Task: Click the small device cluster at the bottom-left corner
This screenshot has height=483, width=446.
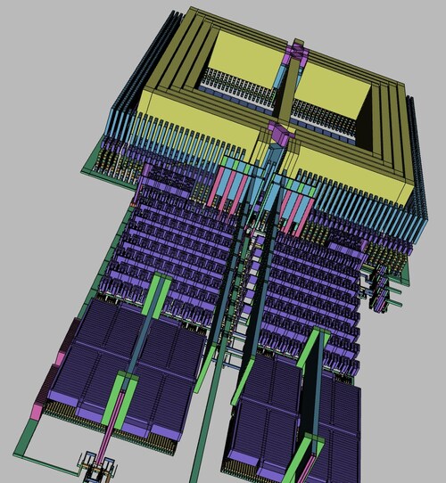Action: coord(94,464)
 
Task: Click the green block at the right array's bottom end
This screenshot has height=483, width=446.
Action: coord(311,446)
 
